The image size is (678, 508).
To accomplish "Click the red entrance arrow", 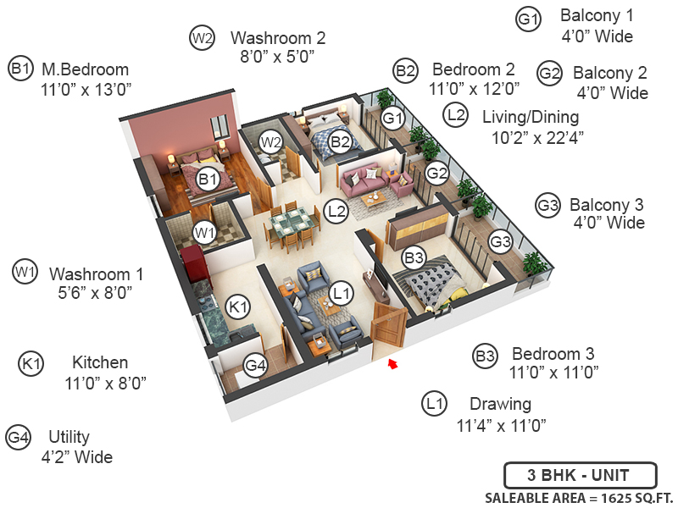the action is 392,364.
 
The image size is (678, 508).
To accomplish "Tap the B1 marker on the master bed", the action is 208,179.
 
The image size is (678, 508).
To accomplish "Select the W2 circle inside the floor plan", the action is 270,141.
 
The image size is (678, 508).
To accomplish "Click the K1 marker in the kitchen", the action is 238,307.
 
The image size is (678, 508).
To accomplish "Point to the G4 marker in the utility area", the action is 255,366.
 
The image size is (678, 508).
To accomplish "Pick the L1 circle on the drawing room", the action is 342,294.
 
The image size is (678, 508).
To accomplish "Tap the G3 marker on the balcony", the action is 500,241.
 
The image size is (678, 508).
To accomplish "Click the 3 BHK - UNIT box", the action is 581,476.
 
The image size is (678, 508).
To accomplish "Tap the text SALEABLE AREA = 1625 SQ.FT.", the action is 579,499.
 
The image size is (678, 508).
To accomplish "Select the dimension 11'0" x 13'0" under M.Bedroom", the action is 86,90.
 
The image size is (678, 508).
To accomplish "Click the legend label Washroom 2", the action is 278,38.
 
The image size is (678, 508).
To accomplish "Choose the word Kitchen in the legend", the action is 100,362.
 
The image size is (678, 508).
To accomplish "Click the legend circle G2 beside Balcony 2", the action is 549,73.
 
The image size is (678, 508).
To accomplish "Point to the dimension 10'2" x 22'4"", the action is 537,138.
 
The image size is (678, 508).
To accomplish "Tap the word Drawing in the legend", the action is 500,405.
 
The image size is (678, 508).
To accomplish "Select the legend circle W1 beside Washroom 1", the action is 25,272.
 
